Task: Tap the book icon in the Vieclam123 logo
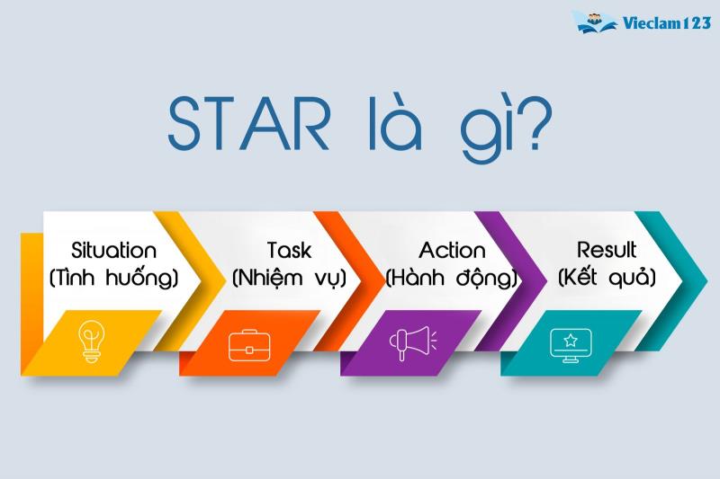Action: click(x=591, y=22)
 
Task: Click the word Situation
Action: click(x=113, y=250)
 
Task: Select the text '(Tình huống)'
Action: click(x=113, y=278)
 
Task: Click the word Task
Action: click(x=289, y=250)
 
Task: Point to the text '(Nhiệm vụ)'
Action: click(x=289, y=278)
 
